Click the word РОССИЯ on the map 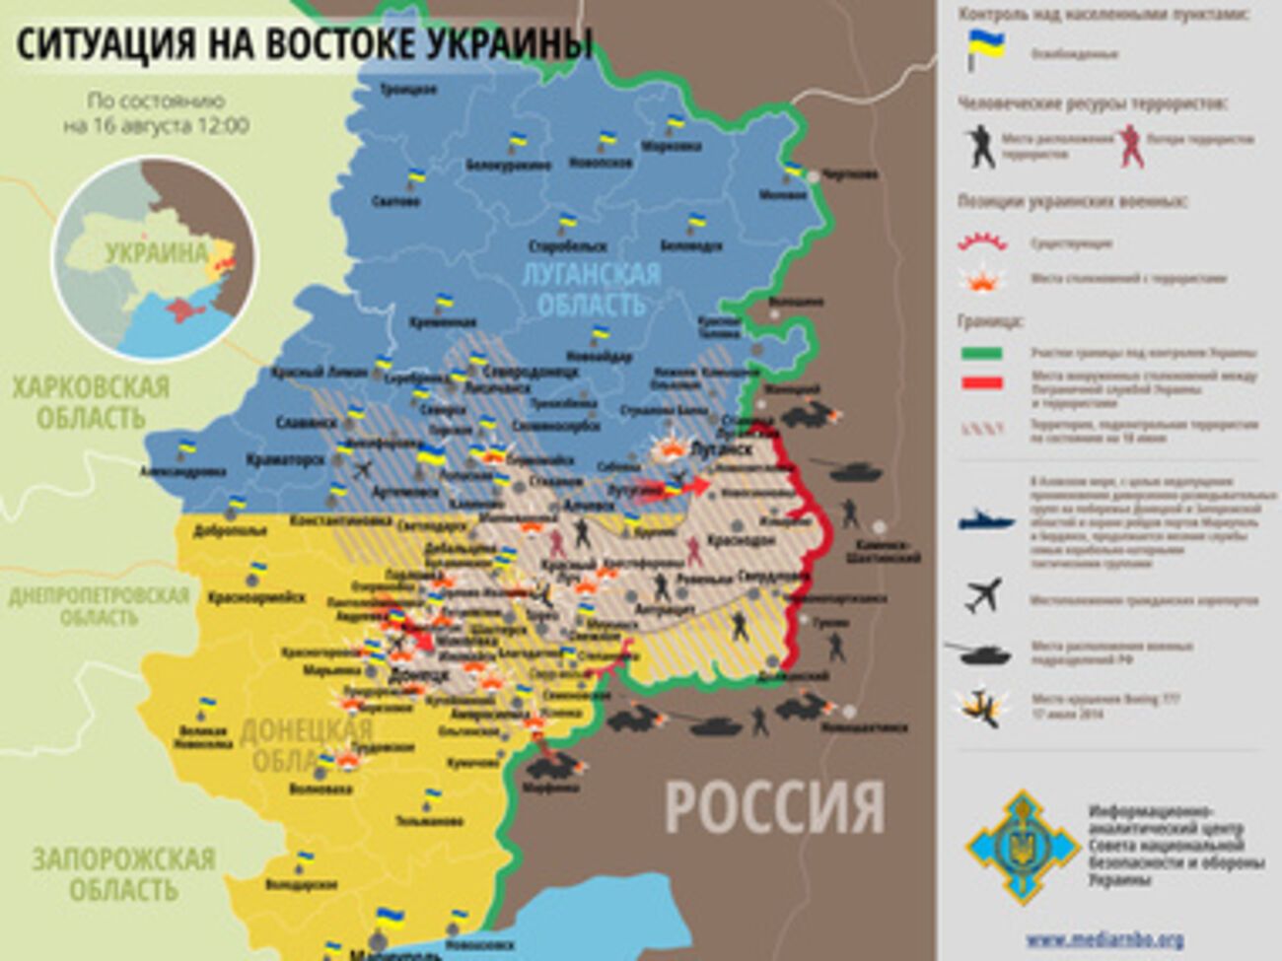[x=774, y=806]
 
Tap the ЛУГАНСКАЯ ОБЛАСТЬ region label [x=591, y=289]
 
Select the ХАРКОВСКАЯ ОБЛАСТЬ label [x=90, y=402]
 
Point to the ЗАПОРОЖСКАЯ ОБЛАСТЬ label [x=123, y=874]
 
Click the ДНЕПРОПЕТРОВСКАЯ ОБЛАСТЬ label [x=98, y=606]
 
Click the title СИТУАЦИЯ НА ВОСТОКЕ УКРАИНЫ [x=305, y=44]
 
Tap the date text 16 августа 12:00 [x=156, y=126]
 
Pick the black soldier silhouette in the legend [x=980, y=146]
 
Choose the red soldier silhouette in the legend [x=1131, y=146]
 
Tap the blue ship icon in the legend [x=985, y=518]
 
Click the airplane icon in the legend [x=984, y=593]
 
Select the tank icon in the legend [x=979, y=651]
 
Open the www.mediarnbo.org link [x=1104, y=939]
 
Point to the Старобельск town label [x=567, y=245]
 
